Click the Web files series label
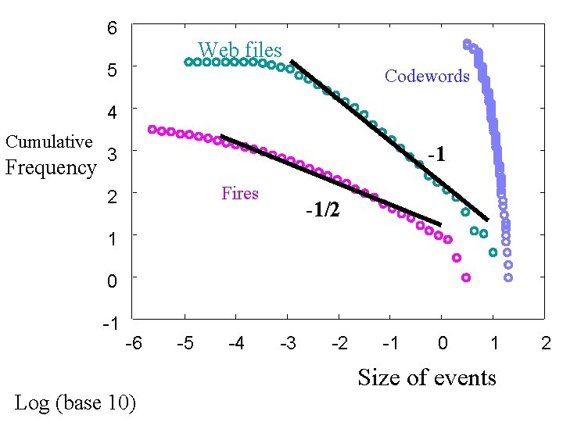click(x=239, y=50)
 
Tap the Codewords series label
click(x=427, y=76)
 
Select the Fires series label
click(x=240, y=193)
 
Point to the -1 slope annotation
click(x=436, y=155)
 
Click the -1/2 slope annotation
click(x=323, y=209)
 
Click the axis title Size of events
click(x=427, y=377)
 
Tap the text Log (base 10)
click(x=75, y=402)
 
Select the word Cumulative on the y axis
click(x=48, y=141)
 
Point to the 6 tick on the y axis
click(x=112, y=29)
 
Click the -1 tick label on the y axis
click(x=110, y=323)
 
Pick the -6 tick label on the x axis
click(x=134, y=343)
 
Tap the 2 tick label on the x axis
click(x=546, y=343)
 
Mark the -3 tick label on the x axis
click(x=288, y=343)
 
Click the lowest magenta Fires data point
click(x=466, y=277)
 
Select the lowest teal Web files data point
click(x=493, y=252)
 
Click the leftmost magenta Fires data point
click(x=152, y=130)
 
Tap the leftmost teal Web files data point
click(x=188, y=62)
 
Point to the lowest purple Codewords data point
click(x=508, y=277)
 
